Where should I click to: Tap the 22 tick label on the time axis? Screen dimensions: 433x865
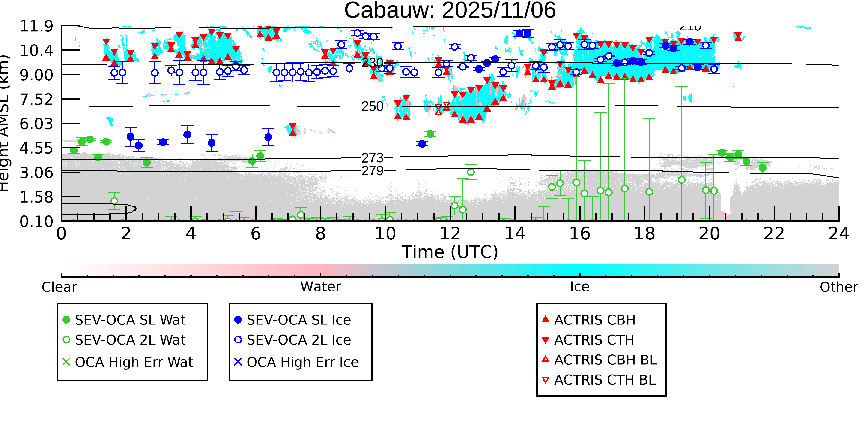coord(774,234)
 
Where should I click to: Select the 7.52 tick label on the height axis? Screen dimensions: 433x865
coord(36,100)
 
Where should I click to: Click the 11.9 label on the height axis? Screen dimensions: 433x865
coord(36,26)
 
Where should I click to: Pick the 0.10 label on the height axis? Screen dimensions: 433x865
coord(36,221)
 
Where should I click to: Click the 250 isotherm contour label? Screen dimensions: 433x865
coord(372,106)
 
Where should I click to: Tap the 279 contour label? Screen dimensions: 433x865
coord(372,171)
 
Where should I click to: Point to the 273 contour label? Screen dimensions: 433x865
coord(372,158)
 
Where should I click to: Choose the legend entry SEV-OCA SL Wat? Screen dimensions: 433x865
coord(130,320)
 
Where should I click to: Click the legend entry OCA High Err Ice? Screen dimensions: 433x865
coord(302,362)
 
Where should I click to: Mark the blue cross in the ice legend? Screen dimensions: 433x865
coord(238,362)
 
